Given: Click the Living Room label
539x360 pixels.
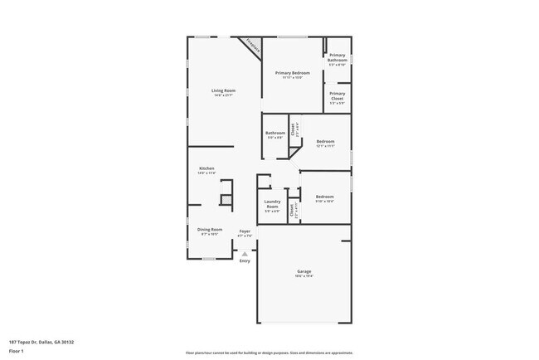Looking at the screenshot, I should [223, 90].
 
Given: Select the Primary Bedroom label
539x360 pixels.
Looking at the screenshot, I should [293, 73].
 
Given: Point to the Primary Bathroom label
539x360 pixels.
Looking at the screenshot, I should [337, 57].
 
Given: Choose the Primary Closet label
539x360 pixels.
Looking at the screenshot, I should [337, 95].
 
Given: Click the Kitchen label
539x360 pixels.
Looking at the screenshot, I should [206, 168].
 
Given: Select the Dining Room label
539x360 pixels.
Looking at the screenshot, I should [209, 229].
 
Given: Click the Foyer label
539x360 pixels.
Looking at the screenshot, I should [245, 231].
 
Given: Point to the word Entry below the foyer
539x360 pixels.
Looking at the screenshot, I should [245, 261].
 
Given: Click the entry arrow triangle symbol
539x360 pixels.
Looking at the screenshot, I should [245, 253].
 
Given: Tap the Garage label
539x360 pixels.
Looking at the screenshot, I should [304, 271].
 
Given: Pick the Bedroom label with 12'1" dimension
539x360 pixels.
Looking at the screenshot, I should [325, 141].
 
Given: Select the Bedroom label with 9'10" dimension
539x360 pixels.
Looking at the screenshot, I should [324, 196].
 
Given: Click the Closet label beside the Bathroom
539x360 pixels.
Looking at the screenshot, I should [292, 129].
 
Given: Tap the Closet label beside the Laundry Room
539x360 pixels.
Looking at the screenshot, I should [291, 210].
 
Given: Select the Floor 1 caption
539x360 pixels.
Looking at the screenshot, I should [16, 351].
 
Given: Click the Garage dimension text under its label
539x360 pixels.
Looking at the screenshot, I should [304, 276].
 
